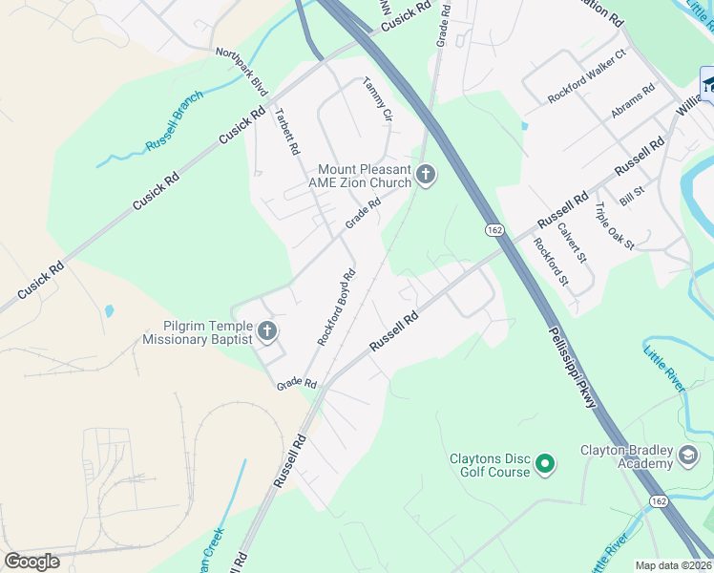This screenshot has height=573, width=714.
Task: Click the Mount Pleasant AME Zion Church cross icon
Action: (x=426, y=175)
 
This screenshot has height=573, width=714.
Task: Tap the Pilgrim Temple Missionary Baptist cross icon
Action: (x=267, y=331)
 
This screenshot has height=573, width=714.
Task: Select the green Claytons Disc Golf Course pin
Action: (x=545, y=465)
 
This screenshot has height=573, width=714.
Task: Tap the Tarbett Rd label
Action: (x=287, y=132)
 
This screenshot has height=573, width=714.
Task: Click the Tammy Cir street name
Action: (x=377, y=99)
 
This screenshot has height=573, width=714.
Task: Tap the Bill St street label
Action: (x=632, y=197)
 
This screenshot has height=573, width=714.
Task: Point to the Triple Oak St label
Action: (x=615, y=226)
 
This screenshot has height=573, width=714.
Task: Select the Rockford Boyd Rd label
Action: (x=336, y=306)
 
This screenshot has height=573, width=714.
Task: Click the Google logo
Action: (x=31, y=561)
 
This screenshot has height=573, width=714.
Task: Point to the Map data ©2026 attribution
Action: (x=672, y=565)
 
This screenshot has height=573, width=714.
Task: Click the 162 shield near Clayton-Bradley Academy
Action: (x=658, y=501)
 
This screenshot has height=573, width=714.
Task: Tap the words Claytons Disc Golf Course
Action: (x=490, y=465)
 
